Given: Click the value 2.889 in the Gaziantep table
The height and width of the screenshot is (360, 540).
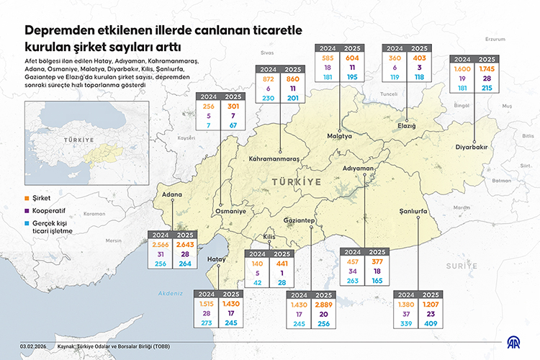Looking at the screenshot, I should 323,305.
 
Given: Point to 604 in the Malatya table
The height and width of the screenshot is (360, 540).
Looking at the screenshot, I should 353,57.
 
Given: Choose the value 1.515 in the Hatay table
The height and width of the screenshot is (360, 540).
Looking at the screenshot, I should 207,305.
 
